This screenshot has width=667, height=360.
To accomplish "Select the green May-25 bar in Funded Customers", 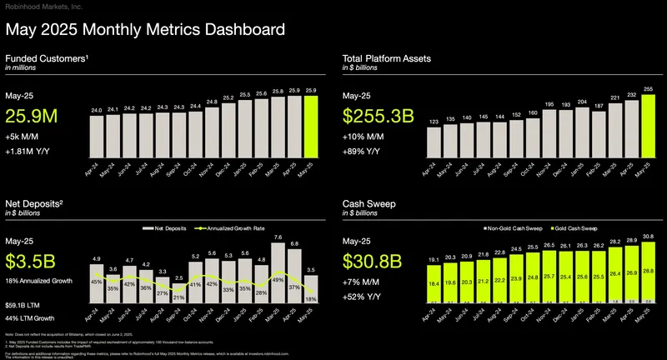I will point(311,125).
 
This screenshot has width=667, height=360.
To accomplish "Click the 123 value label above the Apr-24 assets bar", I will point(433,122).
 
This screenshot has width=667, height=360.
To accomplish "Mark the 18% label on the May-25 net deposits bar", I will point(311,299).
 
